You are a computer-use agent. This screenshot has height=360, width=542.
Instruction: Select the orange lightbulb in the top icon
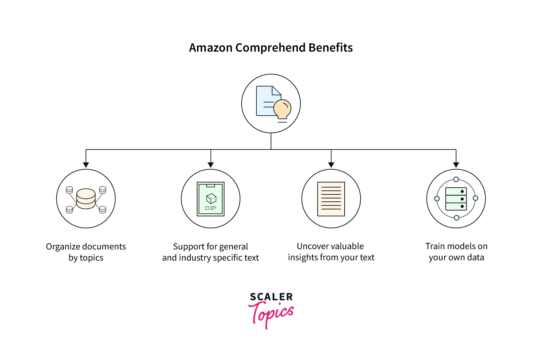282,109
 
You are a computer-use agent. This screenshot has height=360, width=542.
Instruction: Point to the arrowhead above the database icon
86,165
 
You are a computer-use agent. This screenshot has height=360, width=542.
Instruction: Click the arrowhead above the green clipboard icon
210,165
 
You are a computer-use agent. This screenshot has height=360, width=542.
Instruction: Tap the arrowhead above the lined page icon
331,165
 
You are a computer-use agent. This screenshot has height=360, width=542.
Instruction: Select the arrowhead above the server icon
456,165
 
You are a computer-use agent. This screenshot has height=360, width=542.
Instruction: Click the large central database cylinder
86,198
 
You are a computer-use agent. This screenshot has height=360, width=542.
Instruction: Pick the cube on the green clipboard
211,198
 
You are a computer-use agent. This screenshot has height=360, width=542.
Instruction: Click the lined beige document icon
331,199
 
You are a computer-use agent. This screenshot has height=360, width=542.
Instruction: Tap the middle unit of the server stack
456,199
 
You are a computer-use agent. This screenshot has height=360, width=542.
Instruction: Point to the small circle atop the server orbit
456,179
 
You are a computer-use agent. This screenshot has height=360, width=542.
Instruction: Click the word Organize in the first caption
62,247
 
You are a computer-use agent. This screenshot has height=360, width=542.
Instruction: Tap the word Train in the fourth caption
435,246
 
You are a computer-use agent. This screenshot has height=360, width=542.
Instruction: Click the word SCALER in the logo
271,297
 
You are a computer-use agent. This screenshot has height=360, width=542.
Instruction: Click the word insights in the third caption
302,257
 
